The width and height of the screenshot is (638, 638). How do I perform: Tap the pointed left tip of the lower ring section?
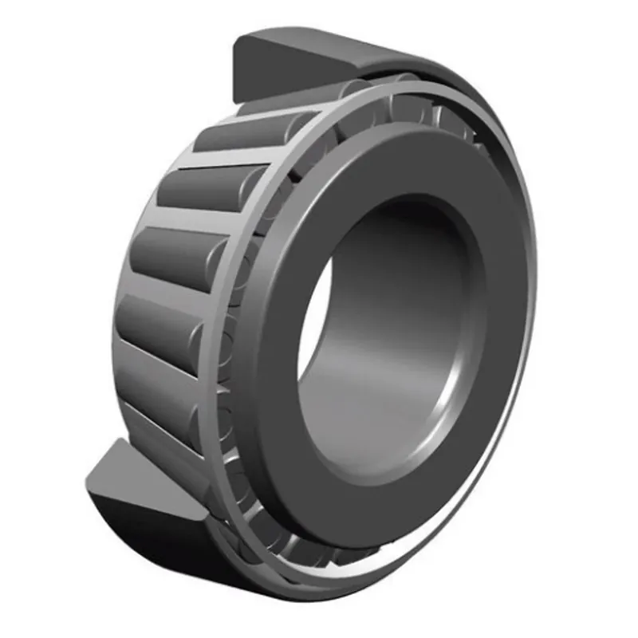pyautogui.click(x=86, y=482)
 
